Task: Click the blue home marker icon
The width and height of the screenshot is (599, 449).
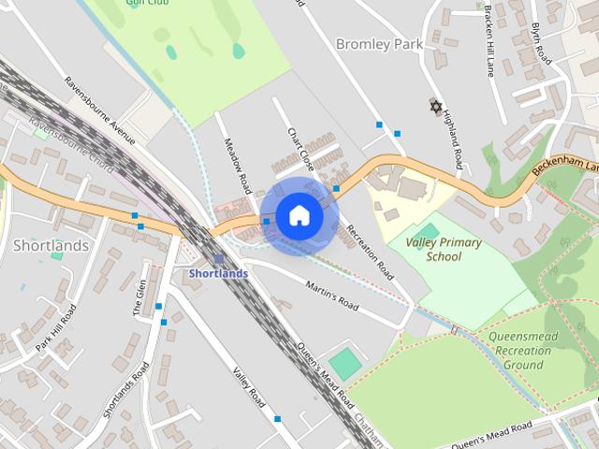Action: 298,216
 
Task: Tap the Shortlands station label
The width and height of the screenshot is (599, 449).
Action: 218,273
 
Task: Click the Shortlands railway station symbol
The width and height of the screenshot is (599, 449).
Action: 218,258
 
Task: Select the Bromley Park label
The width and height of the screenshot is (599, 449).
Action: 379,43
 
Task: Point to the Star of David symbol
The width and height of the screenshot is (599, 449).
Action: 435,107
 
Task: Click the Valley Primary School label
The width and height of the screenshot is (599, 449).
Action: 444,249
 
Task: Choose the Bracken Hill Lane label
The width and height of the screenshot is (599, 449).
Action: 489,44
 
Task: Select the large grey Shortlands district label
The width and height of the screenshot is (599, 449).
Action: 51,246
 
